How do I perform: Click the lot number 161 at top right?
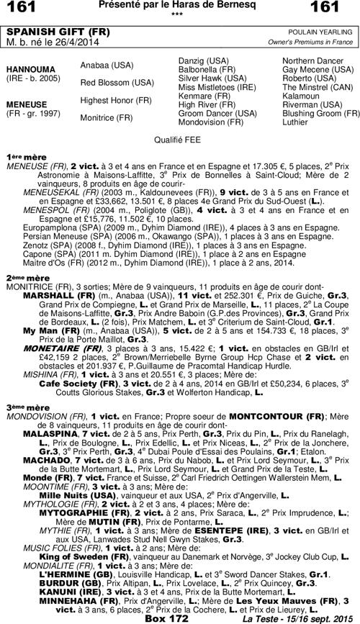pos(336,9)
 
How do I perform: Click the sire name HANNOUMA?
pos(28,70)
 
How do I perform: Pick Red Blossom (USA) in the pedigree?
pos(117,82)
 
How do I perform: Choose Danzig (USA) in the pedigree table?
pos(204,60)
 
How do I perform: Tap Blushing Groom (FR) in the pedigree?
pos(321,113)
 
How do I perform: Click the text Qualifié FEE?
pos(179,137)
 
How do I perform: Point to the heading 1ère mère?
pos(26,156)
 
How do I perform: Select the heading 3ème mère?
pos(27,407)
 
